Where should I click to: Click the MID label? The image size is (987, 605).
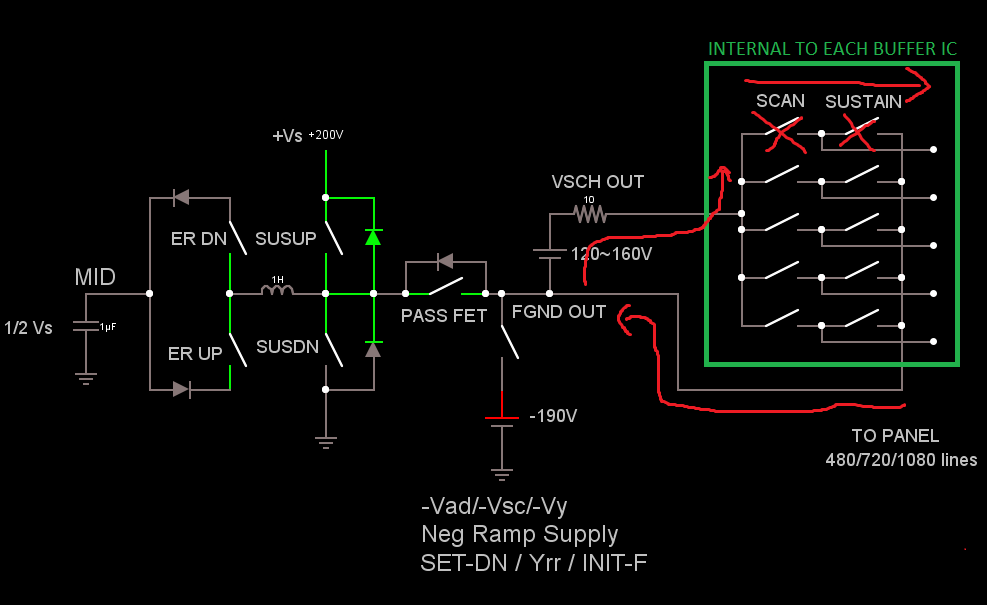coord(95,276)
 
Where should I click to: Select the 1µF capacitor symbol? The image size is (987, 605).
coord(86,326)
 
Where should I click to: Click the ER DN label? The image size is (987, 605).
coord(199,240)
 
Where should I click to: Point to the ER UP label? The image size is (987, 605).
coord(196,353)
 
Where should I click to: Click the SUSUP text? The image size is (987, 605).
coord(285,240)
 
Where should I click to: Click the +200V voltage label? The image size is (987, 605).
coord(333,134)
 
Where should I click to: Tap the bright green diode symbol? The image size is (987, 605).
coord(373,237)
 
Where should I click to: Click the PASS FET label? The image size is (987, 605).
coord(444,315)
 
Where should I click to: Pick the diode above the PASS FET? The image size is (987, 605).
coord(445,262)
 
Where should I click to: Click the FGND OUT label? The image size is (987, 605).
coord(558,312)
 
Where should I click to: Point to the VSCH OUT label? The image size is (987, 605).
coord(598,182)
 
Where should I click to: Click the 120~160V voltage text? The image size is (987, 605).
coord(611,254)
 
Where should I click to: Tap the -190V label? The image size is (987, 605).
coord(553,415)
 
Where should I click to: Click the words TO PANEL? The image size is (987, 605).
coord(895,436)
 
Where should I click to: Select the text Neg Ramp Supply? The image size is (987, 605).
coord(519,534)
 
